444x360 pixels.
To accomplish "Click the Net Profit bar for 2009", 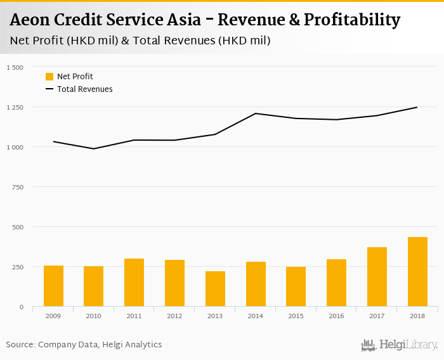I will (53, 286).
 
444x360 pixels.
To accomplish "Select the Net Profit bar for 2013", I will (215, 289).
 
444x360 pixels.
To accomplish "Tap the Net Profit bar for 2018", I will (417, 272).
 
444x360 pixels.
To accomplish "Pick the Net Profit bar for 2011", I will (134, 283).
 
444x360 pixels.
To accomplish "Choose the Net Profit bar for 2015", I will (296, 286).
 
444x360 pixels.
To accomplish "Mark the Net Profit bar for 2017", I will (377, 277).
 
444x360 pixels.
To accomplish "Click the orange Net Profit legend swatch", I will (49, 77).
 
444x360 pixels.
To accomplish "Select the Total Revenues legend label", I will (84, 89).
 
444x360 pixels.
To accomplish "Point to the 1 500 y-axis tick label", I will (14, 67).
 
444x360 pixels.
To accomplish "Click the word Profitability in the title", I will (352, 20).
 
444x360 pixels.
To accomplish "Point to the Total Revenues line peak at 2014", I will (256, 113).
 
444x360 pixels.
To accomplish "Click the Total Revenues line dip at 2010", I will (93, 149).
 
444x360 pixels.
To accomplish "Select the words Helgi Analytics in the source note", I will (131, 345).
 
